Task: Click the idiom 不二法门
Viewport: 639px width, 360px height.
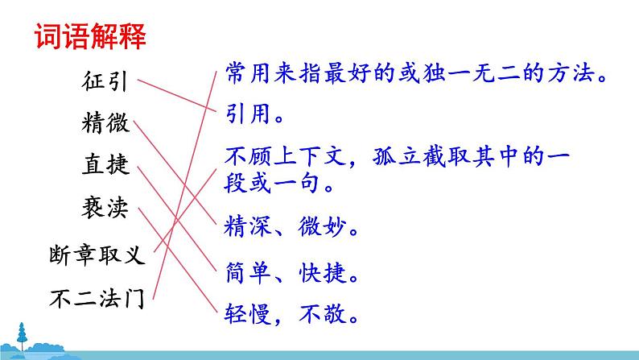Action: click(97, 299)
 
